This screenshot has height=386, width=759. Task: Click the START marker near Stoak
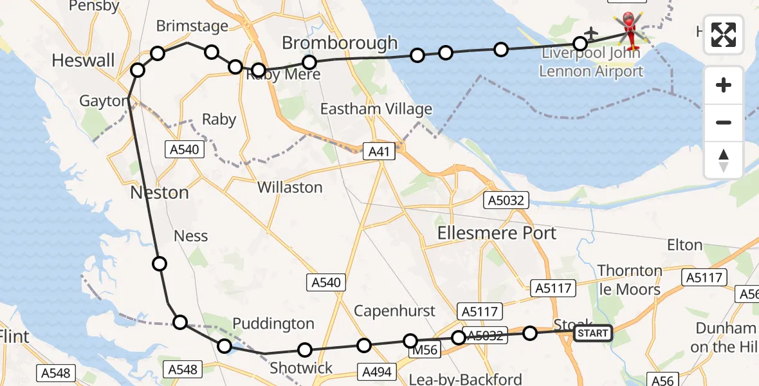592,333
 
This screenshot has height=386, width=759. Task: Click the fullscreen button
724,35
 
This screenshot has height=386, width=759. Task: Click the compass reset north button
724,160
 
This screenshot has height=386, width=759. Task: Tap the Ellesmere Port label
497,233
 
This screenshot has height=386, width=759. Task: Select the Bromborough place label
340,43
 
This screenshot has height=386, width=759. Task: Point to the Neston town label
160,192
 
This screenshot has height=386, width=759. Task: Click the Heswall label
83,61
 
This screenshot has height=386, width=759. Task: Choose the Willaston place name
289,187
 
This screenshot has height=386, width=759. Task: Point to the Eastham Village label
376,109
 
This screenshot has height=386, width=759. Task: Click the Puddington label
273,324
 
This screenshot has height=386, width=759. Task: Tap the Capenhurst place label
394,311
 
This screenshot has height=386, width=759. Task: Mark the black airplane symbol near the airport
590,32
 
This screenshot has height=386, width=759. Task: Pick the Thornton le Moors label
630,280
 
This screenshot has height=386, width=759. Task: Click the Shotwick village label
301,368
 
